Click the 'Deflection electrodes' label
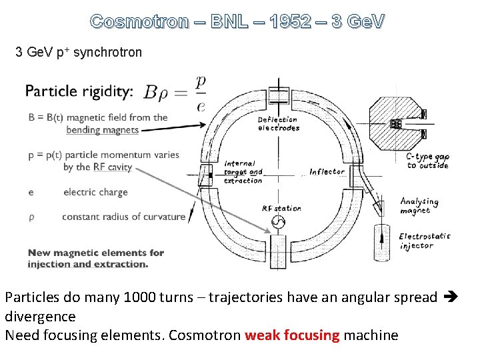[x=279, y=124]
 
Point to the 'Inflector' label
[x=327, y=172]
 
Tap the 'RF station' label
[x=281, y=209]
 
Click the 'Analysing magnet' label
[x=419, y=205]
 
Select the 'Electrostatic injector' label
[x=425, y=241]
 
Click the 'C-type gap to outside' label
[x=427, y=161]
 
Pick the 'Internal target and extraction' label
[x=243, y=172]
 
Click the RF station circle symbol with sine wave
[x=279, y=222]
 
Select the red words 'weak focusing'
[x=292, y=335]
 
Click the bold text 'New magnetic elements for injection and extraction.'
[x=95, y=258]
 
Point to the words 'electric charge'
[x=95, y=193]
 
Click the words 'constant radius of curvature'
[x=123, y=217]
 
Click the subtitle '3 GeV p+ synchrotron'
[x=79, y=52]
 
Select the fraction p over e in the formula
[x=201, y=93]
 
